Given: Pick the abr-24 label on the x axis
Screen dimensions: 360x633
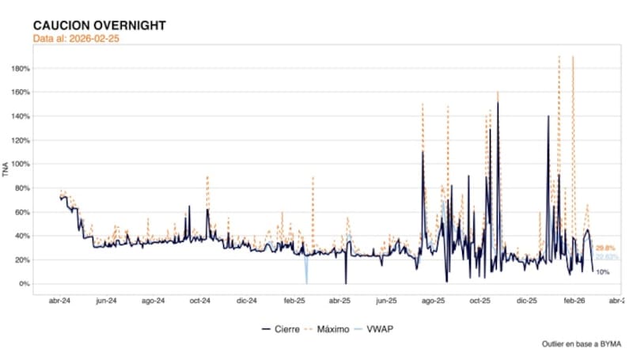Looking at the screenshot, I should point(60,301).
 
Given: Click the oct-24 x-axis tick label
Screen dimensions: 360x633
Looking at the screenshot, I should point(200,301).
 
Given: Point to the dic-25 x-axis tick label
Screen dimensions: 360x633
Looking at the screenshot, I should point(527,301).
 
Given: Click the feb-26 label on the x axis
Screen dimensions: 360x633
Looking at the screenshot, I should point(574,301).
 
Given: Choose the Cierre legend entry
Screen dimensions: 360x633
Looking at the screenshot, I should point(281,328).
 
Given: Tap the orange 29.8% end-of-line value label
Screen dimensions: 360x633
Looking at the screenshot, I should point(606,248).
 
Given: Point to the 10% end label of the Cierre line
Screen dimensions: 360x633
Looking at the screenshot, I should point(602,272).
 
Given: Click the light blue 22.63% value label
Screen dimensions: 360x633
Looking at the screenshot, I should point(607,257).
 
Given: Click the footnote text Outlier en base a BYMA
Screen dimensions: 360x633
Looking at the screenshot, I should point(581,345).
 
